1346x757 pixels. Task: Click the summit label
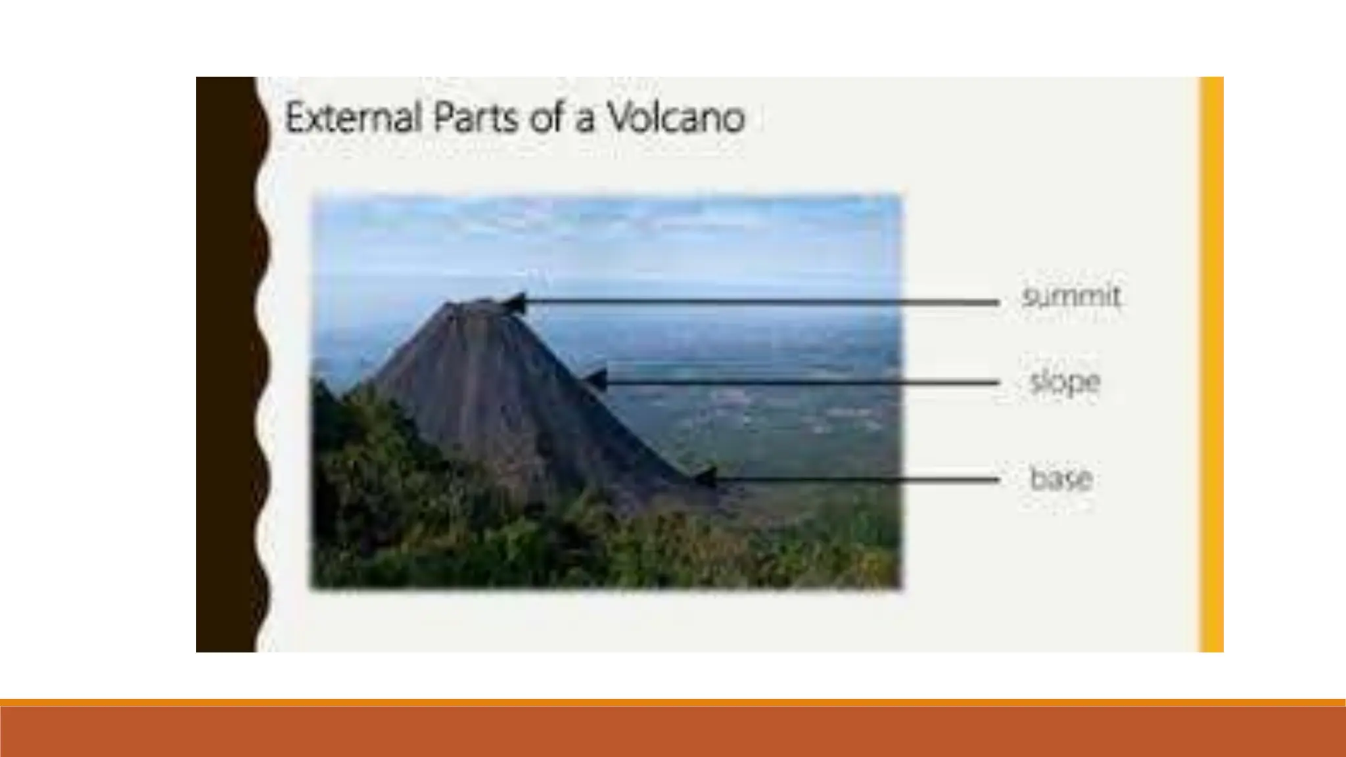click(x=1071, y=296)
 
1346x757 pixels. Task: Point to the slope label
click(x=1065, y=382)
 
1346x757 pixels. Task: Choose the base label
click(x=1061, y=478)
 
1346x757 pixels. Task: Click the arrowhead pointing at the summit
click(x=515, y=304)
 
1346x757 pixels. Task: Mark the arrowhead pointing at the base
click(x=705, y=476)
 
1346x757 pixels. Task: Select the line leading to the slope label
click(x=802, y=382)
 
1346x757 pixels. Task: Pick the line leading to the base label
click(x=854, y=480)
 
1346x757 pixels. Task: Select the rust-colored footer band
click(x=673, y=732)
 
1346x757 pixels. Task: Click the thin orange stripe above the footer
click(x=673, y=702)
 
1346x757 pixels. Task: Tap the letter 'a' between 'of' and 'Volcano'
click(x=584, y=122)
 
